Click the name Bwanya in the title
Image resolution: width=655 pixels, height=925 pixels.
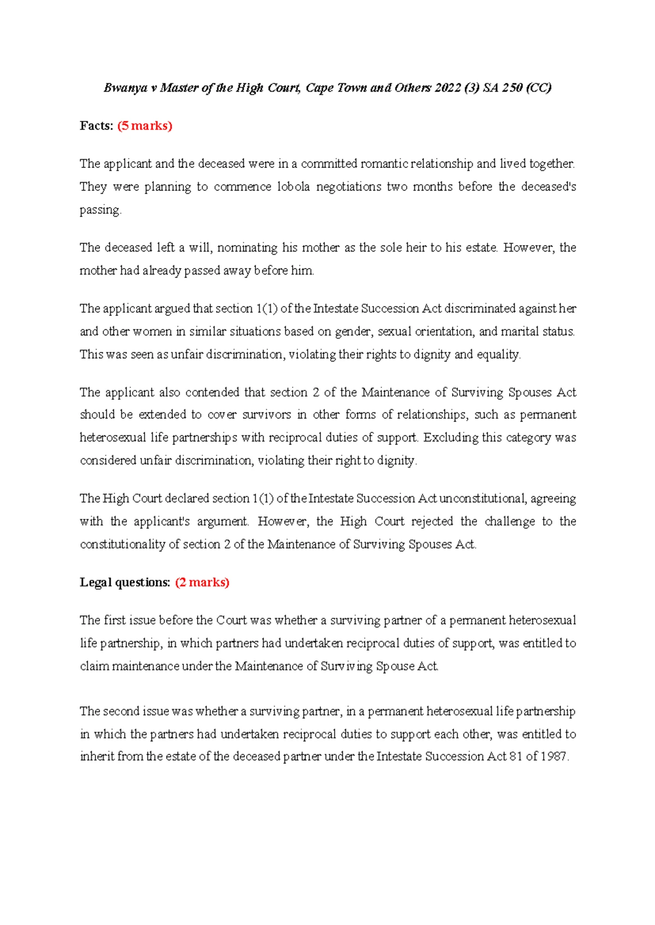click(x=125, y=88)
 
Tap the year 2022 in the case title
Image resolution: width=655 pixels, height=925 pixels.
click(x=448, y=88)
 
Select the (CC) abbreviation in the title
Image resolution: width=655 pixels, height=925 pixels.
click(x=538, y=88)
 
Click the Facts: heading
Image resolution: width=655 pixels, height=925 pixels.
click(x=97, y=126)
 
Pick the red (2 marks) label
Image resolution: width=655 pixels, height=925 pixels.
click(x=202, y=582)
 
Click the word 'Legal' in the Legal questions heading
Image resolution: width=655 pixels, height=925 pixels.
click(x=94, y=582)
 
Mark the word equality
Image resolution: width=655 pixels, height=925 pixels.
click(x=497, y=355)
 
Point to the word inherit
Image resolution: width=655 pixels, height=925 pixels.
click(x=96, y=757)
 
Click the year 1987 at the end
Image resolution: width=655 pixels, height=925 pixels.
click(x=554, y=757)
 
